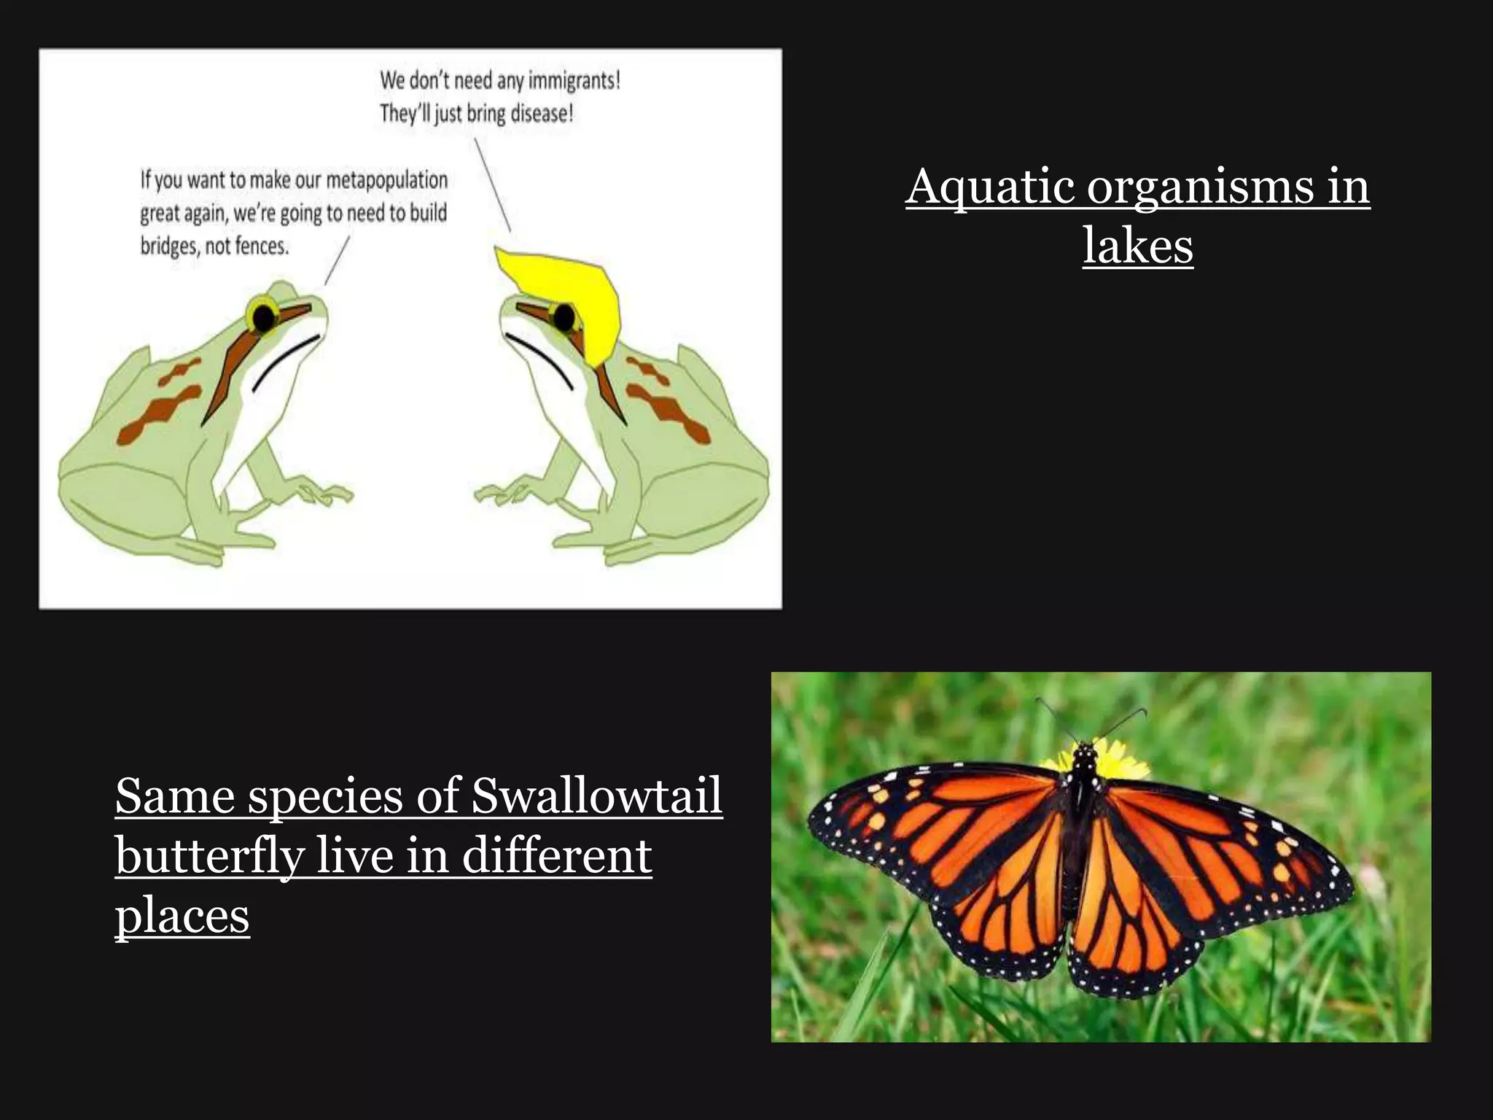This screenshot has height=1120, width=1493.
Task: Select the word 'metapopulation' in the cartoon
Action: click(x=386, y=180)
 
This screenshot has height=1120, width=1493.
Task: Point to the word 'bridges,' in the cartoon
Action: click(x=169, y=246)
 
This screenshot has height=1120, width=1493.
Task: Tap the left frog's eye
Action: click(x=263, y=316)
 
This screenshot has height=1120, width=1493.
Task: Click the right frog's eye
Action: click(x=564, y=316)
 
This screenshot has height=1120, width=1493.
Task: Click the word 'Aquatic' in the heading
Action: click(x=989, y=187)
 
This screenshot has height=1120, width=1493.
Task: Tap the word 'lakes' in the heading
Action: click(x=1137, y=245)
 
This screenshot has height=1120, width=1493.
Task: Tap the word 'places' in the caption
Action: click(x=182, y=916)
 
